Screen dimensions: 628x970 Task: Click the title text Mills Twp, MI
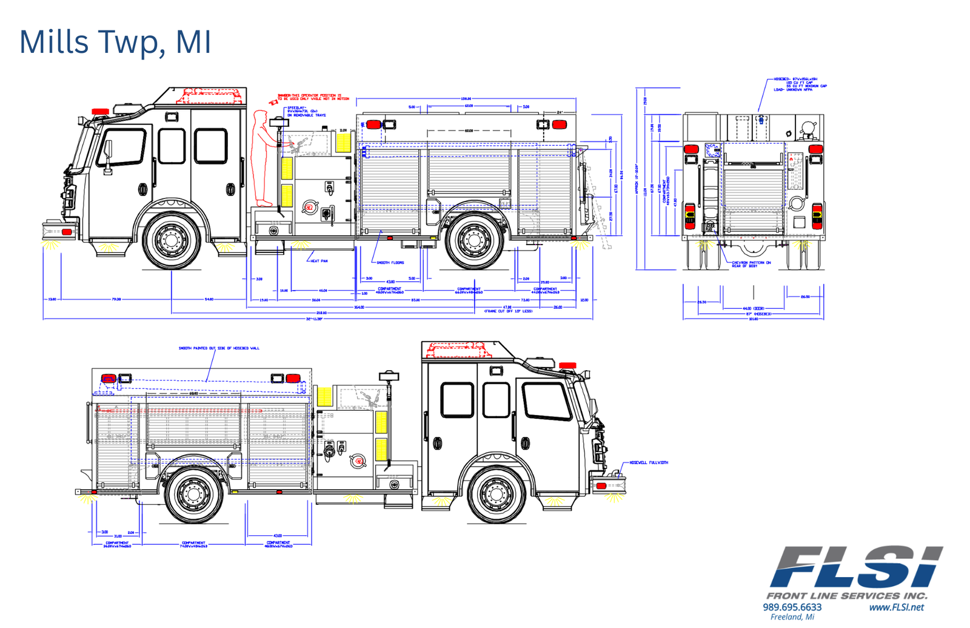(x=115, y=42)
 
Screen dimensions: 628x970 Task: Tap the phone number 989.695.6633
(x=792, y=607)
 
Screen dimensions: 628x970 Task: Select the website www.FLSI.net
(x=896, y=607)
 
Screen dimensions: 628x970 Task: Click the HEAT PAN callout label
(x=319, y=261)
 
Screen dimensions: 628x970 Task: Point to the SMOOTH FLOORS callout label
(x=390, y=263)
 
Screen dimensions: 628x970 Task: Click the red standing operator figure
(x=263, y=158)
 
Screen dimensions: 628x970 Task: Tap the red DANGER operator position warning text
(x=313, y=97)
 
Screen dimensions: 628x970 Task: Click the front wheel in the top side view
(x=172, y=239)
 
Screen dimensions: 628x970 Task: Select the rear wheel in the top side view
(x=473, y=239)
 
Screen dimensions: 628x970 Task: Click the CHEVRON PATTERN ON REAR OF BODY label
(x=751, y=264)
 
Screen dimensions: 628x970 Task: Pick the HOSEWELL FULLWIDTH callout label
(x=649, y=462)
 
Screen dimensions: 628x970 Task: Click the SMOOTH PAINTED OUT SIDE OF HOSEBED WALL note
(x=218, y=348)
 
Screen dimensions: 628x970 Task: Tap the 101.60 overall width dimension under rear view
(x=753, y=319)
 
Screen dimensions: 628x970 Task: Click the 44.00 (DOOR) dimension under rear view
(x=754, y=308)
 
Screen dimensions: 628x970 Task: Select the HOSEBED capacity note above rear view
(x=800, y=84)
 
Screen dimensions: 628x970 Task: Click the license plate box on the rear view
(x=708, y=228)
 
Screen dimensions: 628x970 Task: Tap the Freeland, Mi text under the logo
(x=792, y=617)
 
